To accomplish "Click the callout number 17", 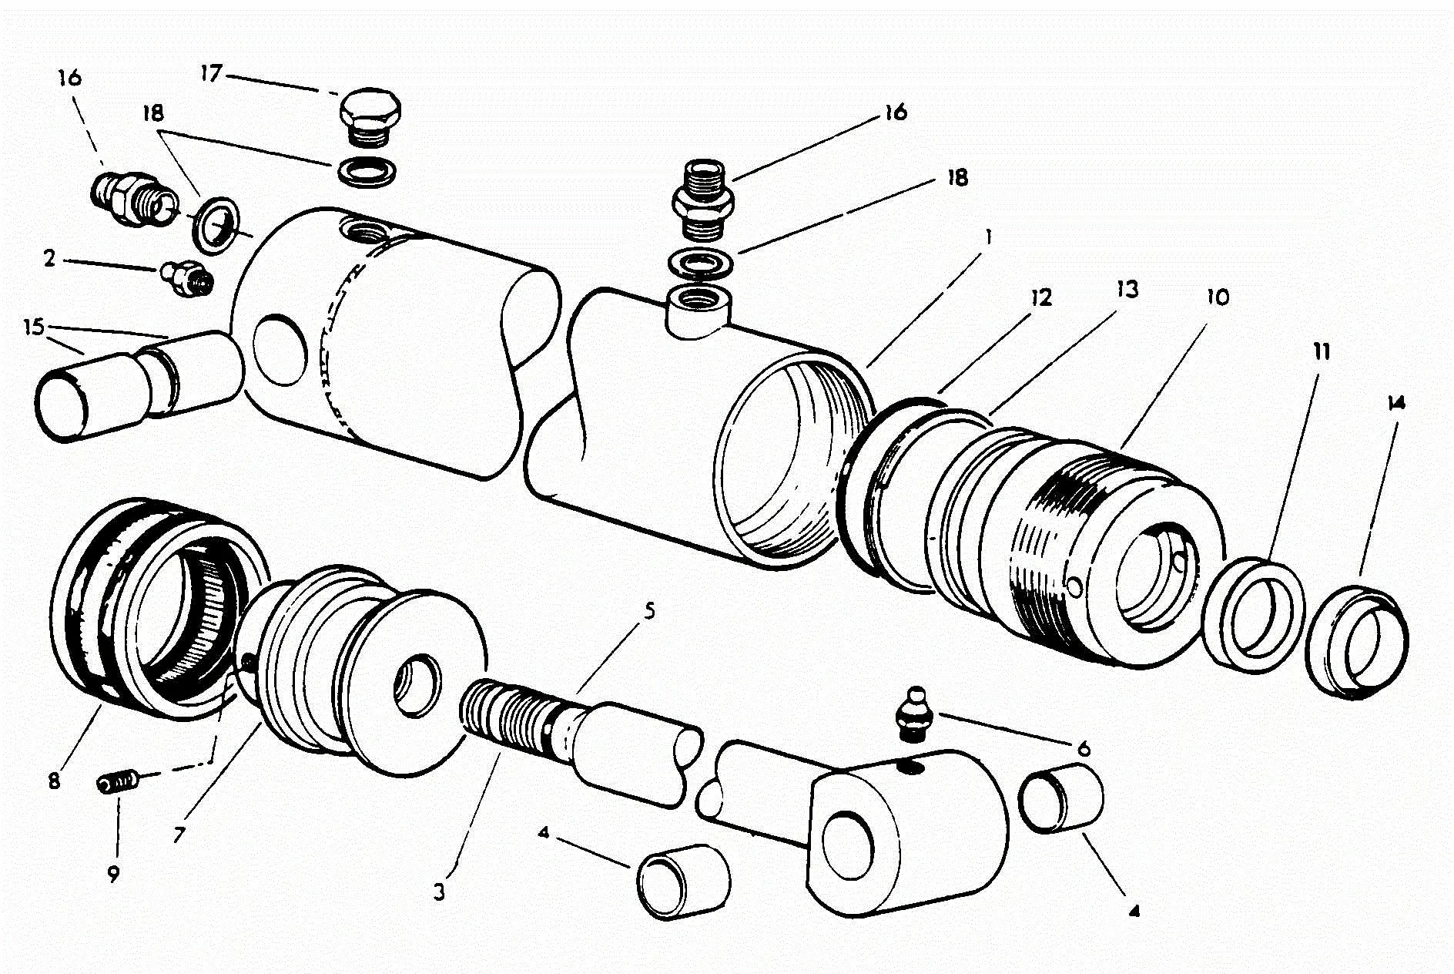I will coord(211,74).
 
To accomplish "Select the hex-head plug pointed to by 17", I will coord(370,118).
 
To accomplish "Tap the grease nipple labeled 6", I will coord(913,714).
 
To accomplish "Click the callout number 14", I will coord(1395,403).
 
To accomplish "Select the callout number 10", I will coord(1218,297).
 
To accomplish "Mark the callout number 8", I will coord(54,781).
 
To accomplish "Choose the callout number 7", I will coord(179,835).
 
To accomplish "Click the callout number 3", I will coord(439,892).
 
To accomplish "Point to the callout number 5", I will coord(649,611).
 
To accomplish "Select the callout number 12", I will coord(1041,297).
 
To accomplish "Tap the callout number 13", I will coord(1127,290).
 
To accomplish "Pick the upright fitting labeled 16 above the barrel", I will coord(701,197).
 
